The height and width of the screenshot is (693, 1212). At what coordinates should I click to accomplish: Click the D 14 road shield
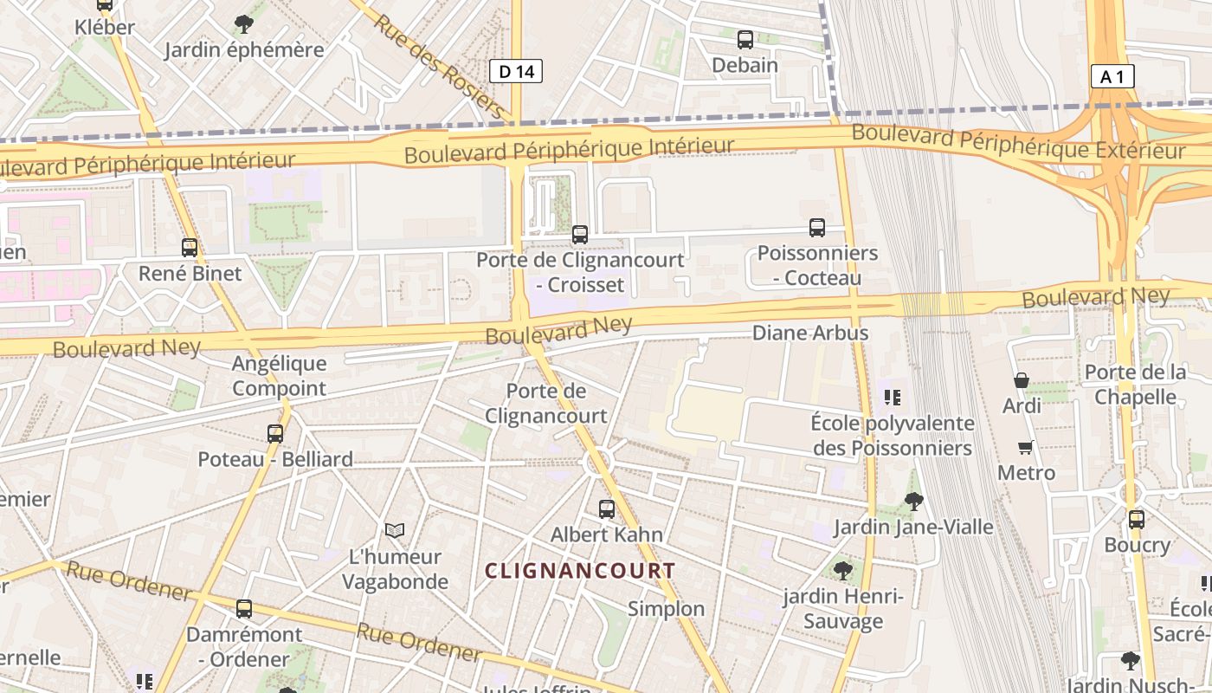pos(517,71)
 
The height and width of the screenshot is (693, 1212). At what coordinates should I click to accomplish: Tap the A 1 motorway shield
pos(1112,76)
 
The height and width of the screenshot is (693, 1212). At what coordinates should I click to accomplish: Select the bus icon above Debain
pos(745,40)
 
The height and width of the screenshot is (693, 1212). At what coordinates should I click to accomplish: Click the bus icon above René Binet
pos(190,248)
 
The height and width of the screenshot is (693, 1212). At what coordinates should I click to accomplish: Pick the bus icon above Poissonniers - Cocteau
pos(817,228)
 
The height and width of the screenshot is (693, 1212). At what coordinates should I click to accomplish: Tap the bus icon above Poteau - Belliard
pos(275,434)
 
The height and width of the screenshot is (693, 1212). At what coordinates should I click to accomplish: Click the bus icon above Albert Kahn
pos(607,509)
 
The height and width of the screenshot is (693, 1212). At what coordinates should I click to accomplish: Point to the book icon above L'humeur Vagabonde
pos(395,530)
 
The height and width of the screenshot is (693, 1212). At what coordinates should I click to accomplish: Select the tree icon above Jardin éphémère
pos(244,24)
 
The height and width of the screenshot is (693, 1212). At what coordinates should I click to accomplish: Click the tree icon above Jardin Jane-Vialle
pos(913,501)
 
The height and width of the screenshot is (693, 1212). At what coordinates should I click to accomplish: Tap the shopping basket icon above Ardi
pos(1022,380)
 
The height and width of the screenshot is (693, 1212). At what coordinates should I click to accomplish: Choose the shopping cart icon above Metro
pos(1026,447)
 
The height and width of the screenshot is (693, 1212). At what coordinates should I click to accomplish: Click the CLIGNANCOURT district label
pos(580,571)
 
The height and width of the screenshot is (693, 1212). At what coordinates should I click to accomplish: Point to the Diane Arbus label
pos(810,333)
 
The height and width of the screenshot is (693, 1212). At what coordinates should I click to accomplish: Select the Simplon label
pos(667,609)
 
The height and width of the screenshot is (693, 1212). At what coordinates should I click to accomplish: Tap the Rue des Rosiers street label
pos(439,66)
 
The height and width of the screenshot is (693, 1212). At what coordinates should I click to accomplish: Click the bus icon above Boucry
pos(1137,520)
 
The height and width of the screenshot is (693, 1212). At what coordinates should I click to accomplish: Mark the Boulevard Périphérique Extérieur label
pos(1019,142)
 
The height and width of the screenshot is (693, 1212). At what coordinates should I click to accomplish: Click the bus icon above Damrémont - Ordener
pos(244,609)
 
